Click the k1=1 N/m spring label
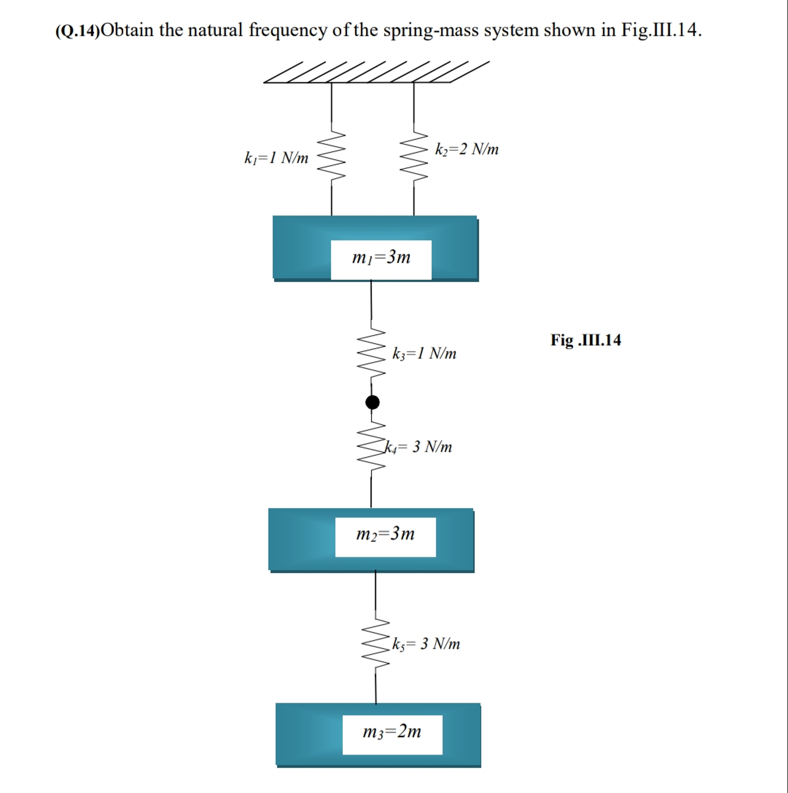(x=276, y=158)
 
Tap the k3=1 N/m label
(x=424, y=353)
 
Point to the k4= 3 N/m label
(x=418, y=447)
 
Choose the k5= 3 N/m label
(x=426, y=643)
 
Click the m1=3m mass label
(x=381, y=257)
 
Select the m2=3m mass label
(x=385, y=534)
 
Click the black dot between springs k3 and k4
(x=372, y=402)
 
